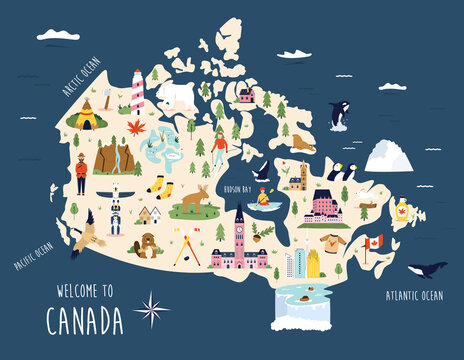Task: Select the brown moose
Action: coord(196,199)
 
